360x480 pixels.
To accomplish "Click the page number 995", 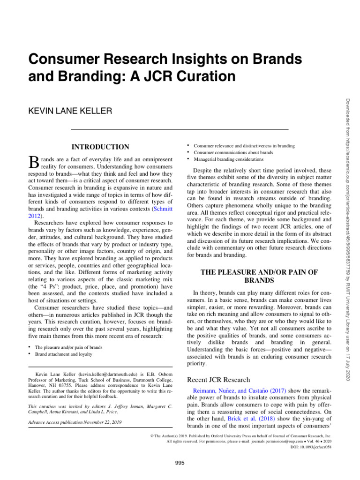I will (x=180, y=463).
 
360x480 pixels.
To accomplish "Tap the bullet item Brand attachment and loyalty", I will (x=64, y=354).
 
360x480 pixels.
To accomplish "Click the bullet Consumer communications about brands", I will (x=227, y=153).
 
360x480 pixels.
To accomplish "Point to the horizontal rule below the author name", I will (x=179, y=128).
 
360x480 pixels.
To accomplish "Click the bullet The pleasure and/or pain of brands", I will (x=69, y=347).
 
